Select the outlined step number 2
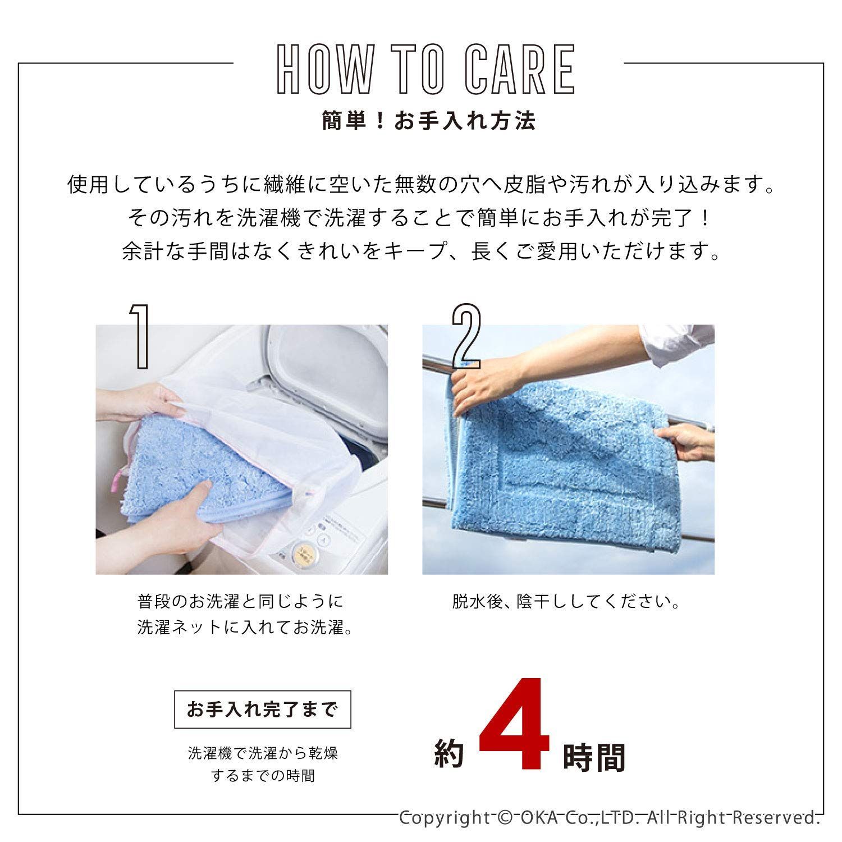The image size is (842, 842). click(466, 336)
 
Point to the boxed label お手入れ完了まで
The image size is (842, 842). click(263, 710)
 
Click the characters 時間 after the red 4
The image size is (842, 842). click(593, 757)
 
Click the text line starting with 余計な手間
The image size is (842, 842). click(421, 251)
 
